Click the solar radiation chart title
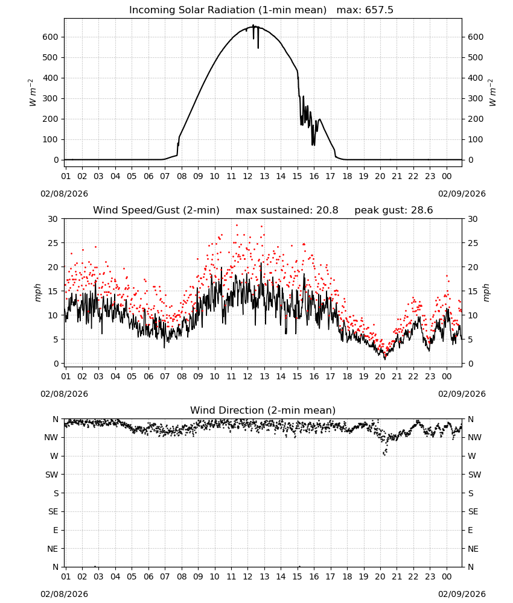coord(261,10)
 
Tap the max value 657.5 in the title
coord(379,10)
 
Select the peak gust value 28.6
coord(421,210)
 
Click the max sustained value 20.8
coord(327,210)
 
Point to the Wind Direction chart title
coord(263,410)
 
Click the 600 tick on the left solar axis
coord(51,37)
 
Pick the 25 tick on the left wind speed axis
coord(53,243)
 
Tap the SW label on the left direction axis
coord(51,475)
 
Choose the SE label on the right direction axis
coord(473,511)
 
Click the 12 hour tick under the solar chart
coord(247,176)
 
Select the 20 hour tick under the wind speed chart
coord(380,376)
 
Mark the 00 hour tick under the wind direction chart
coord(447,576)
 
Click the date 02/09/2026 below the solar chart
coord(462,194)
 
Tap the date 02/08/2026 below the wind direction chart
coord(64,594)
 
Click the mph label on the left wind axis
coord(37,292)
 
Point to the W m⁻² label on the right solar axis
coord(492,93)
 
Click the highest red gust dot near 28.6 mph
coord(237,226)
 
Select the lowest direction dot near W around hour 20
coord(384,455)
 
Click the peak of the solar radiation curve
coord(253,25)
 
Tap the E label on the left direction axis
coord(56,530)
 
